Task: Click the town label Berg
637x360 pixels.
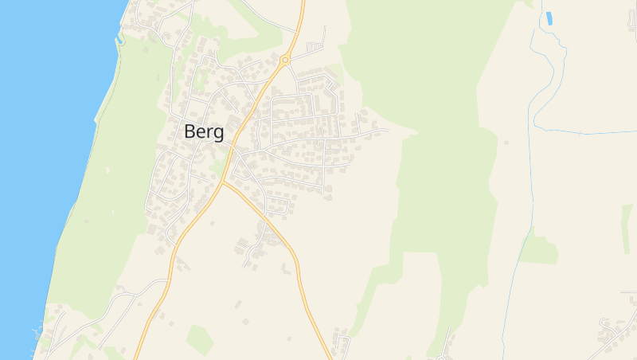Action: coord(204,132)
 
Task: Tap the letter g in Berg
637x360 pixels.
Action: coord(217,134)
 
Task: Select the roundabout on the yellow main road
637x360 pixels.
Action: coord(284,60)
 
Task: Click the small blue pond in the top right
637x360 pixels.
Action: coord(549,18)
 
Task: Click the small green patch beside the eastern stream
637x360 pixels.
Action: coord(539,250)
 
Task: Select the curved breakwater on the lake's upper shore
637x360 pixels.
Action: coord(121,37)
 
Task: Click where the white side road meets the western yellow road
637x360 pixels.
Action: coord(167,280)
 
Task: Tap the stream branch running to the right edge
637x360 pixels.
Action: coord(589,132)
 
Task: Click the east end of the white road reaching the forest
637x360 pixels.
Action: coord(386,129)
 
